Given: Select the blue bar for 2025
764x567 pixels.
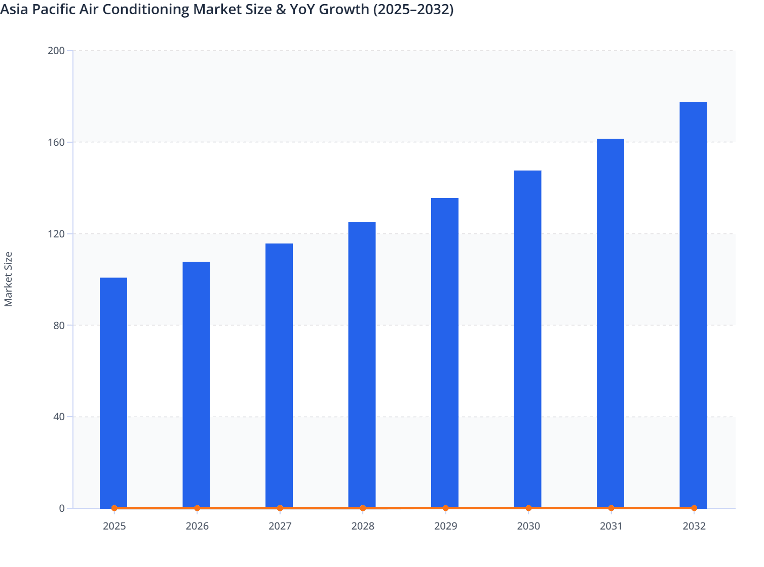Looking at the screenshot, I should tap(113, 392).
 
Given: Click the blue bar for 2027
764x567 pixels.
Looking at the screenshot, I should tap(279, 375).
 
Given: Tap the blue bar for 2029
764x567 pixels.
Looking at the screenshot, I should tap(445, 352).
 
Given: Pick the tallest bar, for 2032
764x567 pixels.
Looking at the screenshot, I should tap(693, 304).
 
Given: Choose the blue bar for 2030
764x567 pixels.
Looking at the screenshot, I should tap(527, 339).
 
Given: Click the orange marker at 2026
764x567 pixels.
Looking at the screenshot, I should tap(197, 508).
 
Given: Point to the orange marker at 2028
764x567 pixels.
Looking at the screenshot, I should tap(363, 508).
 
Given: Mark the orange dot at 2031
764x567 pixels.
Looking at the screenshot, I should tap(611, 508).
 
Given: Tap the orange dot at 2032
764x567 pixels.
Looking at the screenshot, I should tap(694, 508).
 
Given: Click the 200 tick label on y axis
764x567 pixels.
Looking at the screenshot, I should tap(56, 51).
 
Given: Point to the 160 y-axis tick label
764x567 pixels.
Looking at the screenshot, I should tap(56, 142).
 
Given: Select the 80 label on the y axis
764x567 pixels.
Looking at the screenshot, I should tap(59, 326).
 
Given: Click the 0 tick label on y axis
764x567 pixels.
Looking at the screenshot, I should tap(62, 508).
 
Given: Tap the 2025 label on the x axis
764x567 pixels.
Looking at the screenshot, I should tap(114, 526).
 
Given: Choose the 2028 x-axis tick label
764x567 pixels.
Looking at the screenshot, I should tap(363, 526).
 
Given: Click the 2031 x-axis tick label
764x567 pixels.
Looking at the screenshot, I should tap(611, 526).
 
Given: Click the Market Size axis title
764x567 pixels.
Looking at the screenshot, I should tap(8, 279).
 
